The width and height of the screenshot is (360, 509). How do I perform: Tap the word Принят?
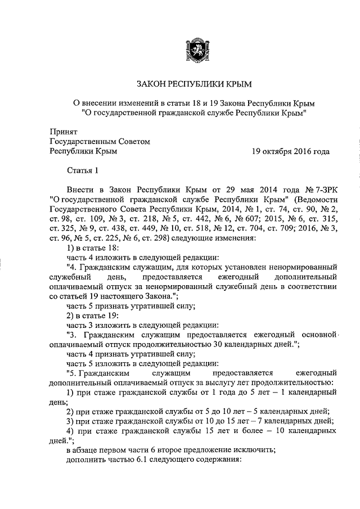point(62,130)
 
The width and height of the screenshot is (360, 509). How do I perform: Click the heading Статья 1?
point(82,171)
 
